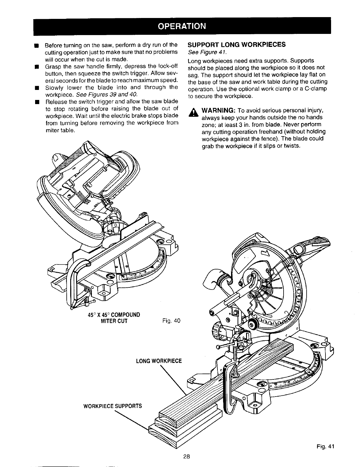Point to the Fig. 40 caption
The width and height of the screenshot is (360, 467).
point(171,321)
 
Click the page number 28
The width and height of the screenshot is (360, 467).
point(186,457)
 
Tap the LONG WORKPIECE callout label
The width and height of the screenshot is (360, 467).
point(159,361)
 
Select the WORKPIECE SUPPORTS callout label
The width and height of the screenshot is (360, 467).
point(113,406)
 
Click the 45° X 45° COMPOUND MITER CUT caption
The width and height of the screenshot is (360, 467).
point(114,318)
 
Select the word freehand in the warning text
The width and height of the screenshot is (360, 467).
point(267,131)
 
